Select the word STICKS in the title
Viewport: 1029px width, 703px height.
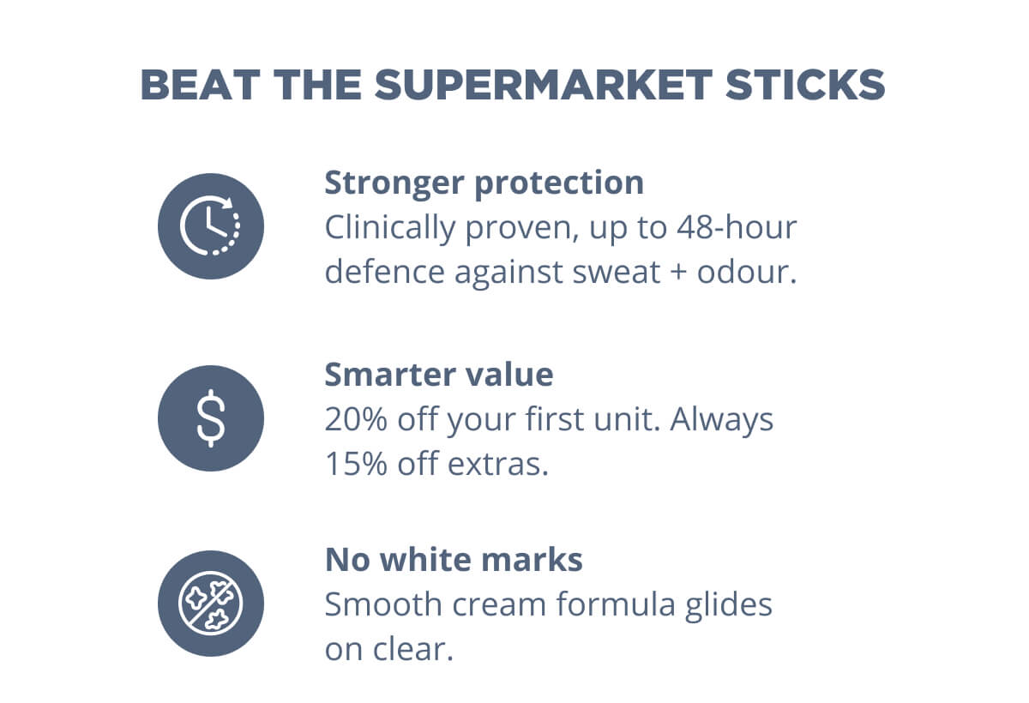(805, 85)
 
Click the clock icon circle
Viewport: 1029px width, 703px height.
(211, 226)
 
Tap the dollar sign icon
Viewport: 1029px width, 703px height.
(211, 418)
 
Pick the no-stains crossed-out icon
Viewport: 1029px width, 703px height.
(211, 604)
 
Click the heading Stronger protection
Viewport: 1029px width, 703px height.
(484, 183)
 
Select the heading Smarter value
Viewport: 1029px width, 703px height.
(439, 375)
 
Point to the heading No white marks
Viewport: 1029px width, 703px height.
(454, 560)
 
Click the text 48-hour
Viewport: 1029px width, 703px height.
(737, 227)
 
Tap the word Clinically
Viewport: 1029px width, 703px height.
(390, 229)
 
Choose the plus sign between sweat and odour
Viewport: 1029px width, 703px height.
(678, 273)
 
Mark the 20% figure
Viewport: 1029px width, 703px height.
(356, 419)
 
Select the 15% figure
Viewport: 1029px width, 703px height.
(356, 464)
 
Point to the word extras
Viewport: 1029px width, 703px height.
(498, 465)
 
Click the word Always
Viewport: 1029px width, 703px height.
(722, 420)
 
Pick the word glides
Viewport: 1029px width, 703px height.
(729, 605)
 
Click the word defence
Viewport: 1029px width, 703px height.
(385, 272)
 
